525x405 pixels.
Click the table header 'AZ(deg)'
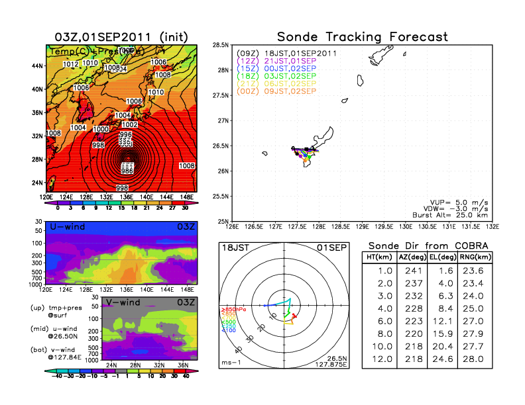click(x=412, y=257)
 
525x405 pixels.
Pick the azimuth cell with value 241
click(x=412, y=270)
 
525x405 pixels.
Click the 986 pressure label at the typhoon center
click(x=127, y=170)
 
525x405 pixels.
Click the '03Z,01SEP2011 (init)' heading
click(x=121, y=36)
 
